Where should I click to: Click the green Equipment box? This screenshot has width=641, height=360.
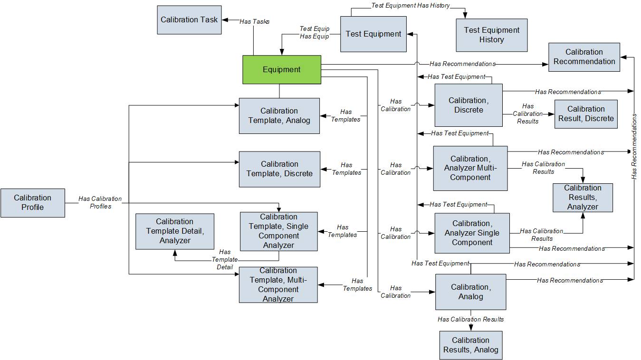[282, 70]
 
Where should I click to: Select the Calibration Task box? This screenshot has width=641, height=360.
[189, 20]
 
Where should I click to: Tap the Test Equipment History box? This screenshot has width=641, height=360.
[491, 35]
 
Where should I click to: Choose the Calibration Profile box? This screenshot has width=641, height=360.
[32, 203]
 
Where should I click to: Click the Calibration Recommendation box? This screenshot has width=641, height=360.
[584, 57]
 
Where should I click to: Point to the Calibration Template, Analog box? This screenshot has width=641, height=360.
[279, 116]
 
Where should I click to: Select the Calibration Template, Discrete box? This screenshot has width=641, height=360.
[279, 169]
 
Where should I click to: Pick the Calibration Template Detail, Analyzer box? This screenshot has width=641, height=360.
[174, 231]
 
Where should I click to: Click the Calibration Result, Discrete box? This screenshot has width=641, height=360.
[586, 114]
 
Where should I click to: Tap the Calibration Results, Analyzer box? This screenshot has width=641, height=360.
[583, 198]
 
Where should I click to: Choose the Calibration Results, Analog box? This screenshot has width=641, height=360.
[470, 345]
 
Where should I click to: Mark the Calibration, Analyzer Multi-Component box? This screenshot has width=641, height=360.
[470, 168]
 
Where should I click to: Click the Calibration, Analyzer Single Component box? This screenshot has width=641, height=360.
[472, 233]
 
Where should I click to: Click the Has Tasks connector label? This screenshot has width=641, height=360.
[254, 21]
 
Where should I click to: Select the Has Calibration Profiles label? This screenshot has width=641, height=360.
[100, 203]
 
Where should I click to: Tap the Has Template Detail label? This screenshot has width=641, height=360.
[225, 260]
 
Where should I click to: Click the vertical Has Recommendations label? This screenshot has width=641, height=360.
[634, 146]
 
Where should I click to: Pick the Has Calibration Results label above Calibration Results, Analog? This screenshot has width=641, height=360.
[470, 319]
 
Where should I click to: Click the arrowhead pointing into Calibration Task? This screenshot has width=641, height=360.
[225, 20]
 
